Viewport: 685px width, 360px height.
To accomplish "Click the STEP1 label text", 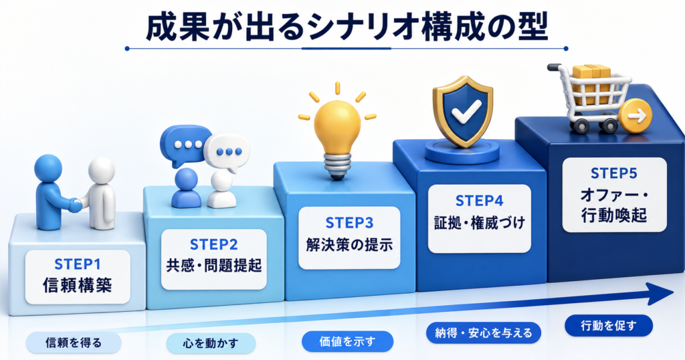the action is tap(78, 264).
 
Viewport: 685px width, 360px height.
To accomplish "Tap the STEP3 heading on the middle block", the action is tap(349, 223).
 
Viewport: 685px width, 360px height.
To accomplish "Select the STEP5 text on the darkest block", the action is tap(614, 173).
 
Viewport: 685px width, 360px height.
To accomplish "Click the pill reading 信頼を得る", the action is tap(74, 343).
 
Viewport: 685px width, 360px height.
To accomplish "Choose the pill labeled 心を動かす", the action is tap(211, 343).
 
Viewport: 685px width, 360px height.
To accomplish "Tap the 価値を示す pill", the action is tap(347, 342).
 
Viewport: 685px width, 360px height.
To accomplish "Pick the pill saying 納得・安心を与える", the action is tap(484, 333).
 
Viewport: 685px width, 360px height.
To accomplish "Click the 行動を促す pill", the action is tap(609, 325).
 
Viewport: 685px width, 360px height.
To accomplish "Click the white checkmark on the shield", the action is tap(466, 110).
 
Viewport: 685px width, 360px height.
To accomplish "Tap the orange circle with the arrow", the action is tap(635, 116).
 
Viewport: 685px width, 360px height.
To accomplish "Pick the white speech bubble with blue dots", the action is tap(227, 153).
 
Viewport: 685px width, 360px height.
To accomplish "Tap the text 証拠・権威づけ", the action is tap(479, 222).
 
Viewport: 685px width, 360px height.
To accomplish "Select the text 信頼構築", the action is tap(78, 286).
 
